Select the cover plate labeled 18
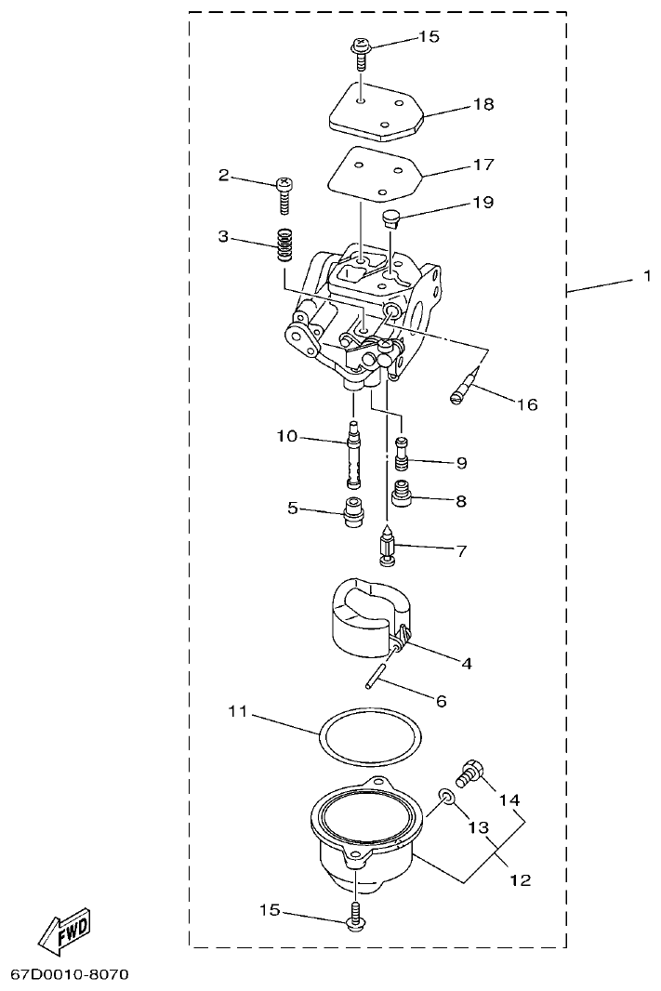[x=376, y=112]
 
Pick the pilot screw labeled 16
[x=467, y=384]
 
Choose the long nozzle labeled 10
[x=353, y=455]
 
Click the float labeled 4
[x=364, y=615]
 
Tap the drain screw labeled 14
[x=470, y=773]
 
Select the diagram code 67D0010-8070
[x=69, y=974]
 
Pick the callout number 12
[x=521, y=879]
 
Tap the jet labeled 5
[x=353, y=512]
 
